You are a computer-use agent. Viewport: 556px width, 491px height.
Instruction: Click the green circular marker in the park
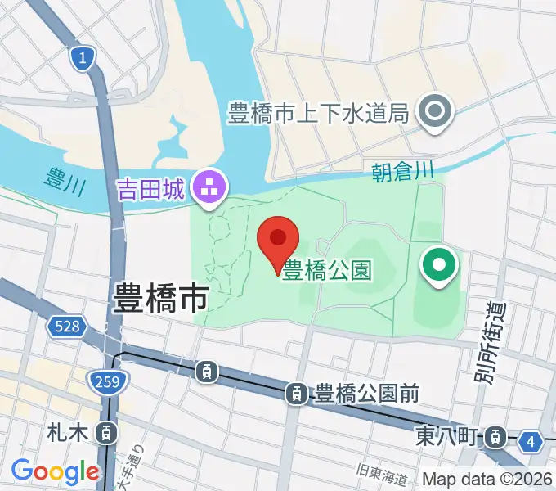point(439,266)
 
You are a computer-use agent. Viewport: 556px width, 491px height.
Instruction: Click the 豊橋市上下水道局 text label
point(318,113)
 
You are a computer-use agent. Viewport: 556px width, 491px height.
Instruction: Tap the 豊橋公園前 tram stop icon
point(297,394)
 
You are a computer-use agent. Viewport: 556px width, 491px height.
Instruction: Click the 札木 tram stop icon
point(105,431)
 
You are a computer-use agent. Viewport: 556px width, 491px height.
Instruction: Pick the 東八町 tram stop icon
point(494,438)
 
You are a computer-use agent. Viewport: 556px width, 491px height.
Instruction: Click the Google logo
point(55,471)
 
